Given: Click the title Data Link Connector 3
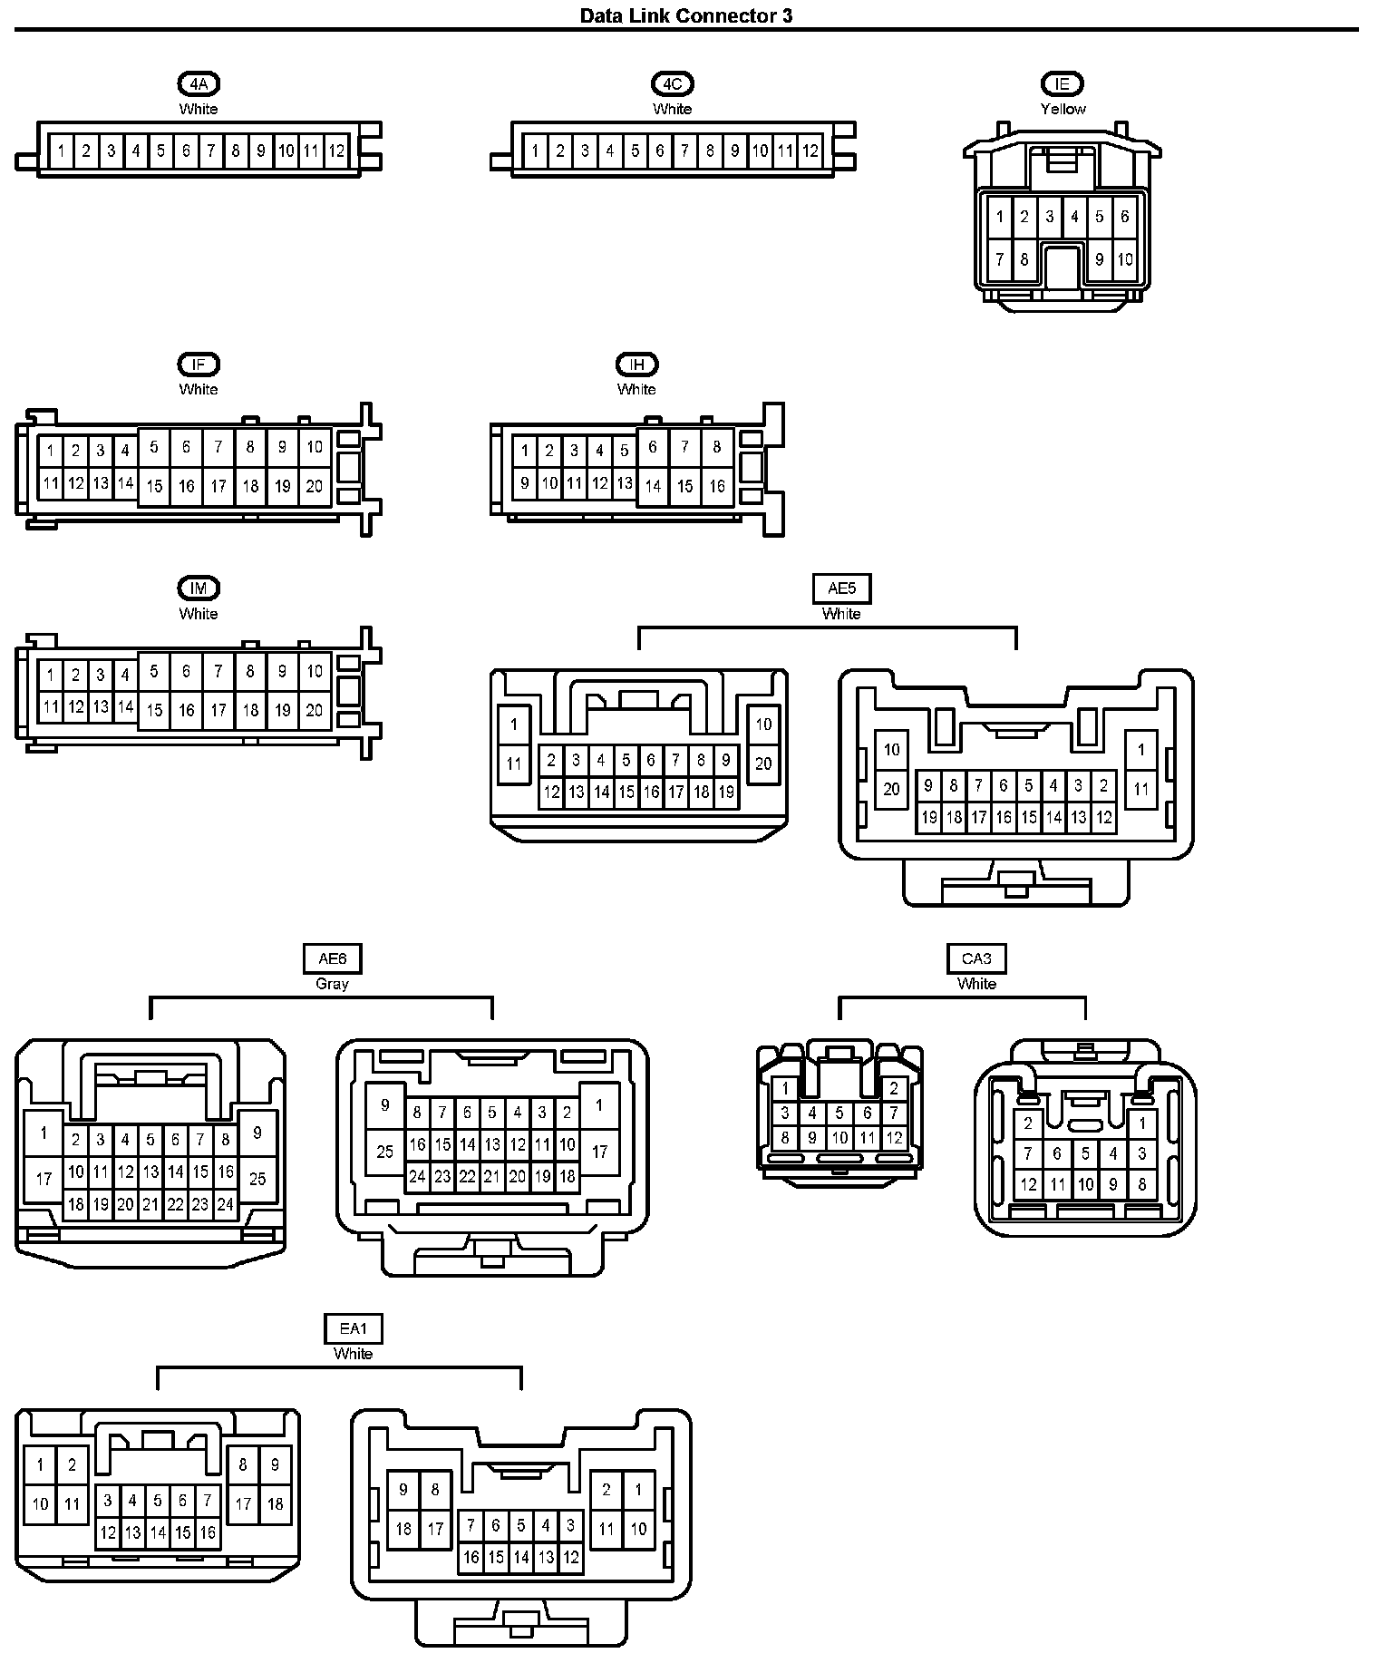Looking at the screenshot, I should tap(686, 15).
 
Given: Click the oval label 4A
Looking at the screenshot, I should tap(199, 84).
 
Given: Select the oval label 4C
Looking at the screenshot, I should tap(672, 84).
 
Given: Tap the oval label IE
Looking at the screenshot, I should tap(1063, 84).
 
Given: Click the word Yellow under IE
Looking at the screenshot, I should tap(1063, 109).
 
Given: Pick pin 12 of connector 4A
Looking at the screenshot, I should tap(336, 151).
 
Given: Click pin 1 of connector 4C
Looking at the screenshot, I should tap(535, 151).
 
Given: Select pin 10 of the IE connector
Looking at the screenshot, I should tap(1124, 259).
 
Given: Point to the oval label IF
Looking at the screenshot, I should tap(199, 365).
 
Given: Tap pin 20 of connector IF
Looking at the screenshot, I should tap(314, 486).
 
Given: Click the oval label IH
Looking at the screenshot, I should tap(636, 365).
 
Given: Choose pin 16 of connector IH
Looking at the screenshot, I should tap(716, 486).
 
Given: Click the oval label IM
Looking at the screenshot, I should tap(199, 588).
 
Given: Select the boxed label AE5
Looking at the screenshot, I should tap(841, 588).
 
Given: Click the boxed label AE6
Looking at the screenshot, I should tap(332, 958).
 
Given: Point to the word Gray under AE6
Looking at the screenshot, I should tap(332, 984).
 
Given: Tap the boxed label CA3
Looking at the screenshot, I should tap(976, 958).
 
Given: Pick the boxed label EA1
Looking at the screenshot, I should tap(354, 1329).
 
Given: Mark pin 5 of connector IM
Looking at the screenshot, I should tap(154, 672).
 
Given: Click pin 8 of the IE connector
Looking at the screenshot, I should tap(1024, 259).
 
